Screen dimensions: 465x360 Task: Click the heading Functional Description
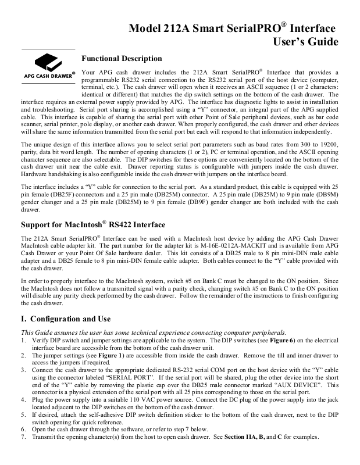pyautogui.click(x=122, y=58)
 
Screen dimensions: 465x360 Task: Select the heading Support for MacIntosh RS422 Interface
pyautogui.click(x=93, y=224)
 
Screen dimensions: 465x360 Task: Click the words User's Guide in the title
pyautogui.click(x=305, y=41)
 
